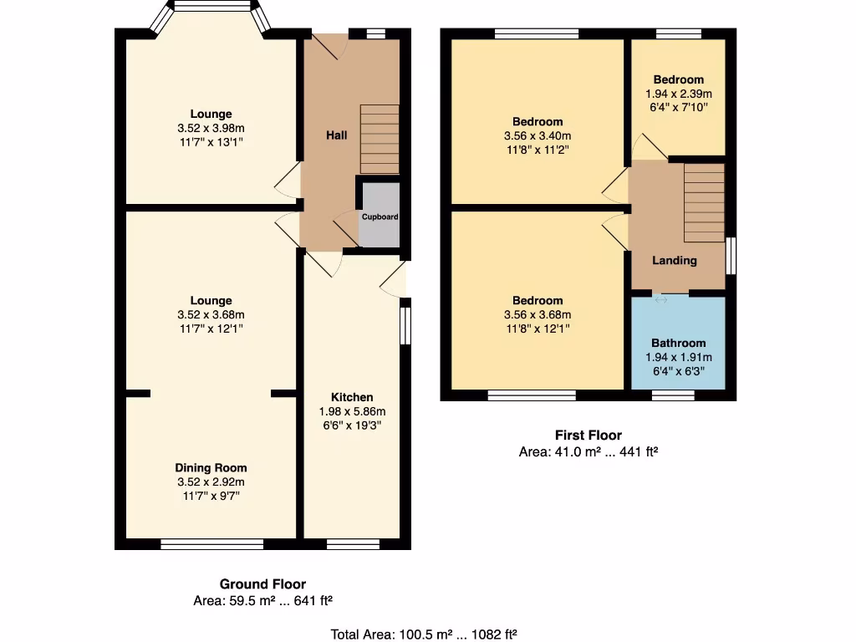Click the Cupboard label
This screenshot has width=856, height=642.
pos(380,217)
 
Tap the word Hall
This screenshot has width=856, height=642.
pos(336,135)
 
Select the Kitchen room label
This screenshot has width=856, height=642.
pos(352,397)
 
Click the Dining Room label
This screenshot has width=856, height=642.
pos(211,468)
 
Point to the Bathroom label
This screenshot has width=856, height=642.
pos(678,343)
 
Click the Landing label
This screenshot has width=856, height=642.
pos(675,260)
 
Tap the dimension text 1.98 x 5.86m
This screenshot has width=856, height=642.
pos(352,411)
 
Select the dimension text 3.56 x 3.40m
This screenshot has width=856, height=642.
pos(538,136)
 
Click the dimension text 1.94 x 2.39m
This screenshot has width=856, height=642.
pos(678,94)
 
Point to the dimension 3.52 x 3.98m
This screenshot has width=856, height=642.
pos(211,128)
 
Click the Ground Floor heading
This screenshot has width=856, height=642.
pos(262,584)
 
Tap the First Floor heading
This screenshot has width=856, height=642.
pos(588,435)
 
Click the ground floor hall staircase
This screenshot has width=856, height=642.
pos(380,139)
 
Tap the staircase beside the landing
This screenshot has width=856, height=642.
pos(704,202)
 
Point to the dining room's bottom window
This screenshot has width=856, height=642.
pos(212,544)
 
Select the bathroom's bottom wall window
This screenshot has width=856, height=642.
pos(673,395)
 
